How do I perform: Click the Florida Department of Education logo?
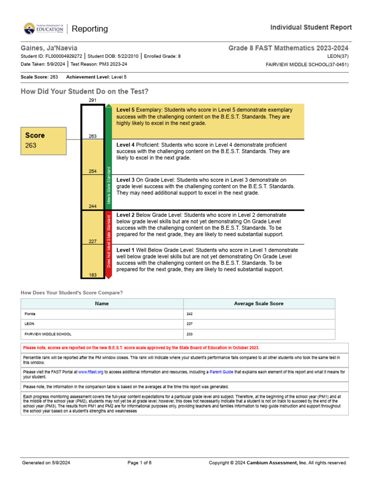43,29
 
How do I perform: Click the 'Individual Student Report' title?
311,27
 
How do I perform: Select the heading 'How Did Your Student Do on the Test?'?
84,91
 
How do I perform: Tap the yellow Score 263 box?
43,140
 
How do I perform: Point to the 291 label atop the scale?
92,100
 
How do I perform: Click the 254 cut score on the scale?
92,171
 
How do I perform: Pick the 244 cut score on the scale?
92,206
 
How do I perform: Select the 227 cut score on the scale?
92,241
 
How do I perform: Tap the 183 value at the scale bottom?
92,275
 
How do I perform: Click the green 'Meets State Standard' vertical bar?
109,158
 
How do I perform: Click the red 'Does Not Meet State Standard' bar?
109,244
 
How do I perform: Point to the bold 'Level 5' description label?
125,110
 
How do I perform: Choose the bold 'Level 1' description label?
125,250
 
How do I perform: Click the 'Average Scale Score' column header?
259,304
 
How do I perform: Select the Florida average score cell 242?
190,314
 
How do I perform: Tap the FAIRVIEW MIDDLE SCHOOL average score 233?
190,334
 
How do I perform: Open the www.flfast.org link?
90,372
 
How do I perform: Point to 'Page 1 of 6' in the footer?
140,463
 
